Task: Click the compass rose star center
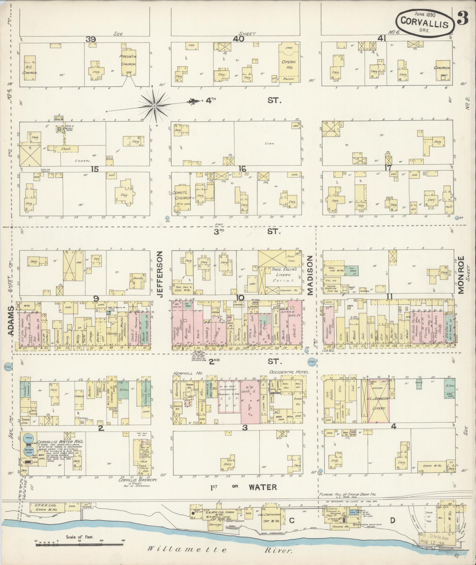[x=154, y=106]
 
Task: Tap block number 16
[x=242, y=169]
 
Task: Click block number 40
[x=238, y=39]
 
